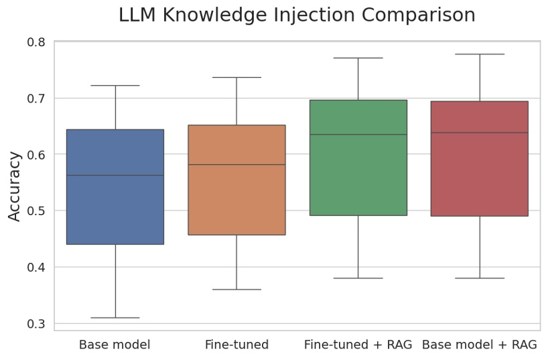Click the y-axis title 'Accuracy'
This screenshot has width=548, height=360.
(x=15, y=186)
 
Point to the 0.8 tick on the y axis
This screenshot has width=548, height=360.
(x=36, y=42)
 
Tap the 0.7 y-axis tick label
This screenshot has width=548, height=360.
(x=36, y=99)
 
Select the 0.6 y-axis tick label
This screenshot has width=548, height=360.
(x=36, y=155)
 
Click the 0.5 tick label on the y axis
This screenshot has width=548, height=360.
(x=36, y=211)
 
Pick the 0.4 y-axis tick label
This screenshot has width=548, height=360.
(x=36, y=267)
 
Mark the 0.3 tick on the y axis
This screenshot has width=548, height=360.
(x=36, y=324)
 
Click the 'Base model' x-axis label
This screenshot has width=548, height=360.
(x=115, y=345)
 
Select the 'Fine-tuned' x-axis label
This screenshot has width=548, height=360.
(x=236, y=345)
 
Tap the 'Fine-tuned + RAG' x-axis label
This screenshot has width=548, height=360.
(x=358, y=345)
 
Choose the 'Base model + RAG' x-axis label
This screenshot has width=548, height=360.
(x=480, y=345)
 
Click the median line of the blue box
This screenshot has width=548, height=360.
(x=115, y=175)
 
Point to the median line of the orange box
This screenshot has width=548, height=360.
(x=236, y=164)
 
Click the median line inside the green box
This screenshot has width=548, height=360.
(x=358, y=134)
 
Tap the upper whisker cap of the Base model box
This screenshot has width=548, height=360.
(x=115, y=85)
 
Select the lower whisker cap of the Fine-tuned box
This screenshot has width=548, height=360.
(x=236, y=289)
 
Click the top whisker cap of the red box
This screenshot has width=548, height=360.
(x=480, y=54)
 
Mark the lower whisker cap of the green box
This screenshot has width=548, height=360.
(x=358, y=278)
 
